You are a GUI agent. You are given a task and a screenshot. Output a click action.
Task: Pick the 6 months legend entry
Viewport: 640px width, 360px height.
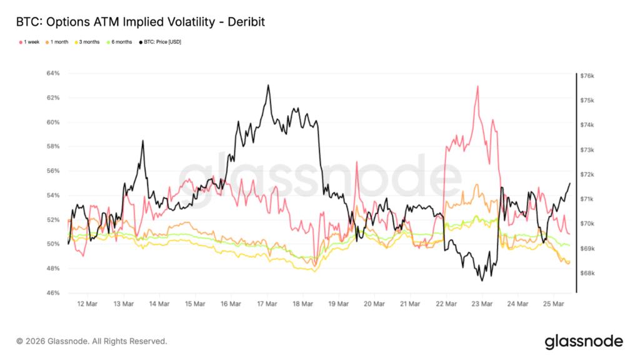pos(120,42)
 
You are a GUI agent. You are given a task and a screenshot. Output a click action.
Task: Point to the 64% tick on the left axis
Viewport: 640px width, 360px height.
pos(53,74)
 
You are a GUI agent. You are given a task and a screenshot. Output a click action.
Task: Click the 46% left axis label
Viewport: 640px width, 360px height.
pos(53,293)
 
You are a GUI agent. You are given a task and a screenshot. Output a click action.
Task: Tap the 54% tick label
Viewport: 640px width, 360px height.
pos(53,196)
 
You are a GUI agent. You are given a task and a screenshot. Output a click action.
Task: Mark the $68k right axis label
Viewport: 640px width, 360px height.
pos(588,273)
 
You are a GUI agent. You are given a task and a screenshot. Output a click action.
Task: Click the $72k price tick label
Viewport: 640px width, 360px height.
pos(588,174)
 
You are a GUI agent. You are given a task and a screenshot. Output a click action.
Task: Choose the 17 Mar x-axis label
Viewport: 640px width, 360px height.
pos(267,304)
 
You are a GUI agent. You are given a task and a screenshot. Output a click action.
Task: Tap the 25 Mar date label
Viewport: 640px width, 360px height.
pos(554,304)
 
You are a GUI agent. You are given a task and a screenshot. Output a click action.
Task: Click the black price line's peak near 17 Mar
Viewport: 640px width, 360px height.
pos(268,86)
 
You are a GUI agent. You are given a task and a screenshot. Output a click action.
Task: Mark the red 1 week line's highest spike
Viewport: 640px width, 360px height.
pos(477,86)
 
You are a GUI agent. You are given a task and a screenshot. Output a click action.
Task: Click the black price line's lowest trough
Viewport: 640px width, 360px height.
pos(482,281)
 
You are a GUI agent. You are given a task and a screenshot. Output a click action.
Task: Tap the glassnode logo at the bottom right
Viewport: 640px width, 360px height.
pos(583,341)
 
